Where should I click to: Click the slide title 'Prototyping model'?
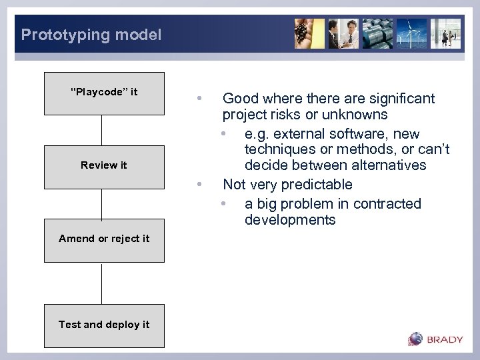tap(91, 35)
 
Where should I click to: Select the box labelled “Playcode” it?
tap(104, 93)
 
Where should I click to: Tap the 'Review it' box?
tap(104, 166)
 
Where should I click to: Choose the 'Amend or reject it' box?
tap(104, 239)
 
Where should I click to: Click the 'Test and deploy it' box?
tap(104, 325)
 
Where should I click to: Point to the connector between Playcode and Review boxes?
tap(102, 129)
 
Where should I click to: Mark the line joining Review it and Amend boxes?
tap(102, 203)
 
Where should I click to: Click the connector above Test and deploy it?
tap(102, 283)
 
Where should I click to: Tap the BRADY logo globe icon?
tap(416, 339)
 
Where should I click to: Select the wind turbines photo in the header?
tap(411, 33)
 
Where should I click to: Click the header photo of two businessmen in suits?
tap(343, 33)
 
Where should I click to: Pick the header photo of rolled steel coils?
tap(377, 33)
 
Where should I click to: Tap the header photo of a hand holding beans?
tap(309, 33)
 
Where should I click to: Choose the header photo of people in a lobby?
tap(445, 33)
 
